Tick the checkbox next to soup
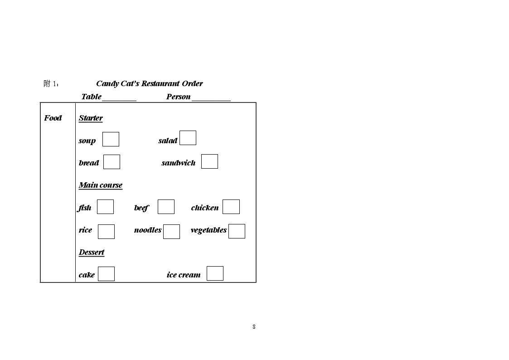pos(111,139)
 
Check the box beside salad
pos(188,138)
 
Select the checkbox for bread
pos(111,162)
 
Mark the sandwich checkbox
pos(210,161)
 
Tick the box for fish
pos(106,207)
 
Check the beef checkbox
pos(166,207)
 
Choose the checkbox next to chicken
pos(231,207)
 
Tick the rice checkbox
pos(107,232)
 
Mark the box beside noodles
pos(171,232)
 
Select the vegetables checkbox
pos(237,231)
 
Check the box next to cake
pos(107,274)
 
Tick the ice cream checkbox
pos(215,273)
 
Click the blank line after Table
pos(119,101)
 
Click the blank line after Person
pos(211,101)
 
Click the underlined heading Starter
pos(91,118)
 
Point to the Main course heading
pos(101,185)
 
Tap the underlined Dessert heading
pos(92,252)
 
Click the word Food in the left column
pos(53,118)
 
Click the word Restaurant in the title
pos(161,83)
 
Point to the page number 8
pos(254,326)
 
